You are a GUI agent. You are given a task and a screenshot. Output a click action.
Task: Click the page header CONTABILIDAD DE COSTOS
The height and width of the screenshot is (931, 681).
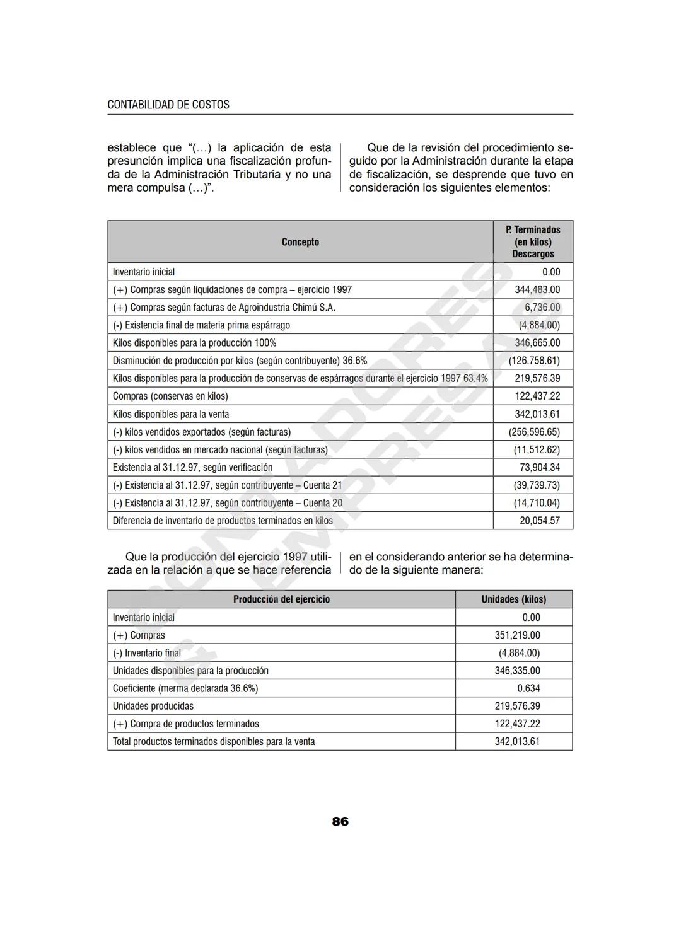coord(168,105)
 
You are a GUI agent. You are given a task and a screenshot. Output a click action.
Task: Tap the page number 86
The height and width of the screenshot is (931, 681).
coord(340,821)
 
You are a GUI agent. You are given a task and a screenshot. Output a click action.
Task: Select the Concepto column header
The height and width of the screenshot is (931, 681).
coord(300,242)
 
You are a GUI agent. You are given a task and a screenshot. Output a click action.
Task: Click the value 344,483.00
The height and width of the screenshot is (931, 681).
coord(537,290)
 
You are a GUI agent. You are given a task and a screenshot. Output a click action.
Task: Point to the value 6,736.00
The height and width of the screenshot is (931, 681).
coord(542,308)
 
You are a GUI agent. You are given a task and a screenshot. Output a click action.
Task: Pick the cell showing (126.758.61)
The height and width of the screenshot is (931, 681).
coord(534,361)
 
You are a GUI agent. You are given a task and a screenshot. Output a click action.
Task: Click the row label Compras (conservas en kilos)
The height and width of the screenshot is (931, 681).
coord(170,396)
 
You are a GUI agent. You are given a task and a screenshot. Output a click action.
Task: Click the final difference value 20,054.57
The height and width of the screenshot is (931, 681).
coord(539,521)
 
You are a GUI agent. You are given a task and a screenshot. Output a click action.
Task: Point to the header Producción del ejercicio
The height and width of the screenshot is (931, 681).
coord(281,599)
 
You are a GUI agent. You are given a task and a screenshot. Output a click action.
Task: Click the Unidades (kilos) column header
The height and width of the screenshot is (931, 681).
coord(513,599)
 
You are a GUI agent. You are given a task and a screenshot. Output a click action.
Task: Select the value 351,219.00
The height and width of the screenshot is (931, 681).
coord(517,635)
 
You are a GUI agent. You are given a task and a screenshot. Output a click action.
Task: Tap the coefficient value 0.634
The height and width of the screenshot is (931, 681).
coord(528,688)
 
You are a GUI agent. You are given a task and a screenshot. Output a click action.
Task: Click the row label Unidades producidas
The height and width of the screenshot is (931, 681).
coord(153,706)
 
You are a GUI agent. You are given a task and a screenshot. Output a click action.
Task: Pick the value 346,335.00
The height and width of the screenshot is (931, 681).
coord(517,671)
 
